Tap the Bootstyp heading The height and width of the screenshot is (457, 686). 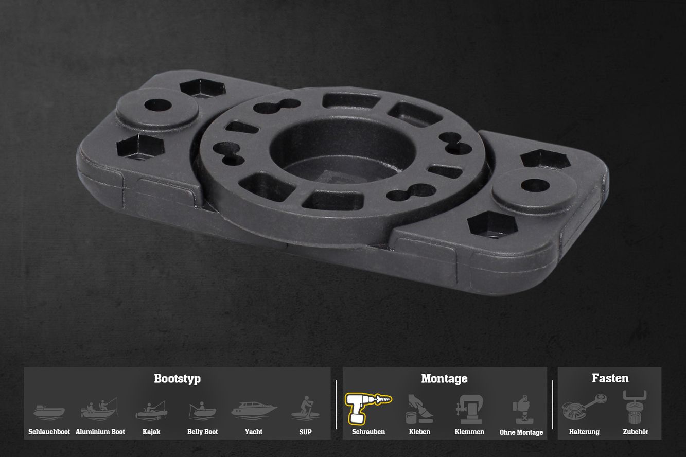coord(178,379)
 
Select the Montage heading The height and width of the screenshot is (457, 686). coord(444,379)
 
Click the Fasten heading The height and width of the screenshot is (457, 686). coord(610,378)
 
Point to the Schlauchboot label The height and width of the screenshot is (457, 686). coord(49,432)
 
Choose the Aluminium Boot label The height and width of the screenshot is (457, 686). coord(100,432)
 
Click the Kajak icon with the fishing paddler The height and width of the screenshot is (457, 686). coord(151,411)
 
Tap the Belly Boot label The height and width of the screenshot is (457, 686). coord(202,432)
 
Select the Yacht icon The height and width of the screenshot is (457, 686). coord(254,411)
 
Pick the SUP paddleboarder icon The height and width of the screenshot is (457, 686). coord(305,408)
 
